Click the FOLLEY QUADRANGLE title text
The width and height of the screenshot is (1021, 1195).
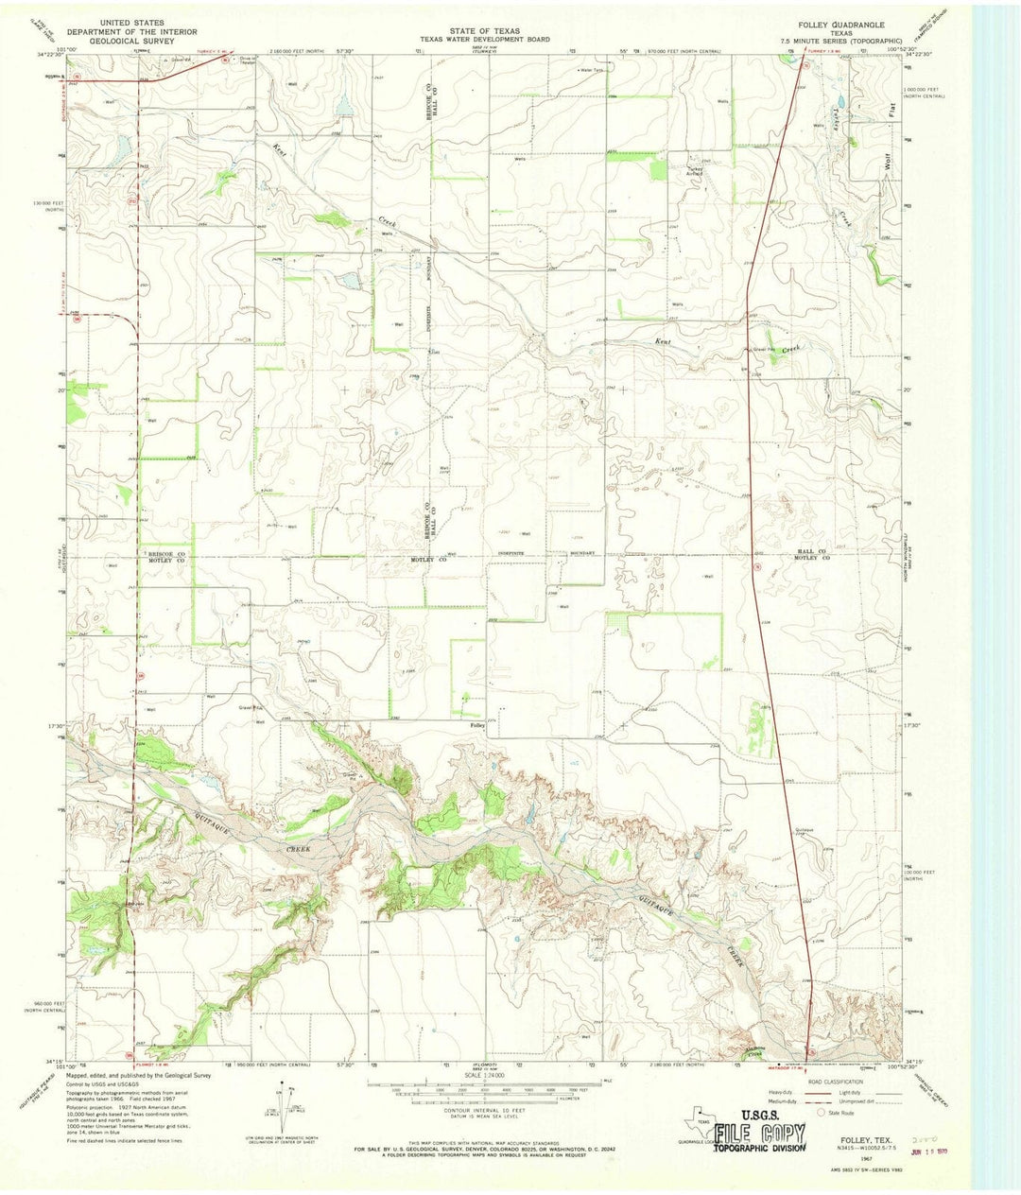[x=842, y=24]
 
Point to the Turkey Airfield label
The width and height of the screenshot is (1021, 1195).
[x=695, y=172]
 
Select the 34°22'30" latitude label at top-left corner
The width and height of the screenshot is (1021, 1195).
[x=55, y=55]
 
